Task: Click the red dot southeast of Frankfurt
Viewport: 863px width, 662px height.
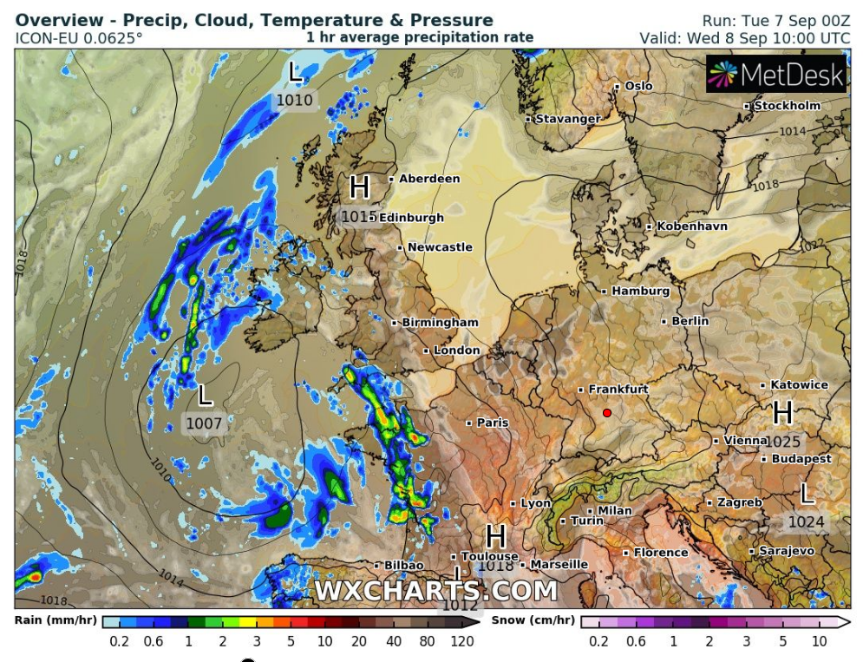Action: point(607,413)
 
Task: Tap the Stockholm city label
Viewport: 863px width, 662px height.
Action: point(787,106)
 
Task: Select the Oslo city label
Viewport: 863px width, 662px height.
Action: point(638,86)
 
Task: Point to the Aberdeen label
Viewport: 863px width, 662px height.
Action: point(429,179)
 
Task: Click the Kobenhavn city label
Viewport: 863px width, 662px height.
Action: point(692,226)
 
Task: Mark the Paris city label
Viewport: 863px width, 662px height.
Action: point(493,423)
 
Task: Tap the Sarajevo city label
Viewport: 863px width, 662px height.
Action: point(787,551)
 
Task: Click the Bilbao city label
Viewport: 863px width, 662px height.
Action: point(403,565)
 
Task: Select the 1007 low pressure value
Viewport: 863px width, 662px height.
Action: point(204,424)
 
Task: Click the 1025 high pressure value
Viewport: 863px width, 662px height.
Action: point(782,442)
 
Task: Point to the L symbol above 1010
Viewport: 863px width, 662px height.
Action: point(295,73)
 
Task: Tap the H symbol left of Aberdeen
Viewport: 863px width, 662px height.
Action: point(359,187)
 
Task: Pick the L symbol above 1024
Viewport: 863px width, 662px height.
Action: point(807,495)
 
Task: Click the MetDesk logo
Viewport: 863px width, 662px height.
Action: point(776,75)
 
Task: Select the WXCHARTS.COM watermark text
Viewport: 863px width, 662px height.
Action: point(435,591)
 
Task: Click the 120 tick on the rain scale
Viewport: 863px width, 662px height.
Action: point(461,641)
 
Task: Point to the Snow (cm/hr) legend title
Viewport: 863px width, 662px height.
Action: point(533,620)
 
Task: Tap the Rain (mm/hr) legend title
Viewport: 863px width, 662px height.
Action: point(54,620)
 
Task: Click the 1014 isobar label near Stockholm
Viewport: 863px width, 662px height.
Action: point(792,131)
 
